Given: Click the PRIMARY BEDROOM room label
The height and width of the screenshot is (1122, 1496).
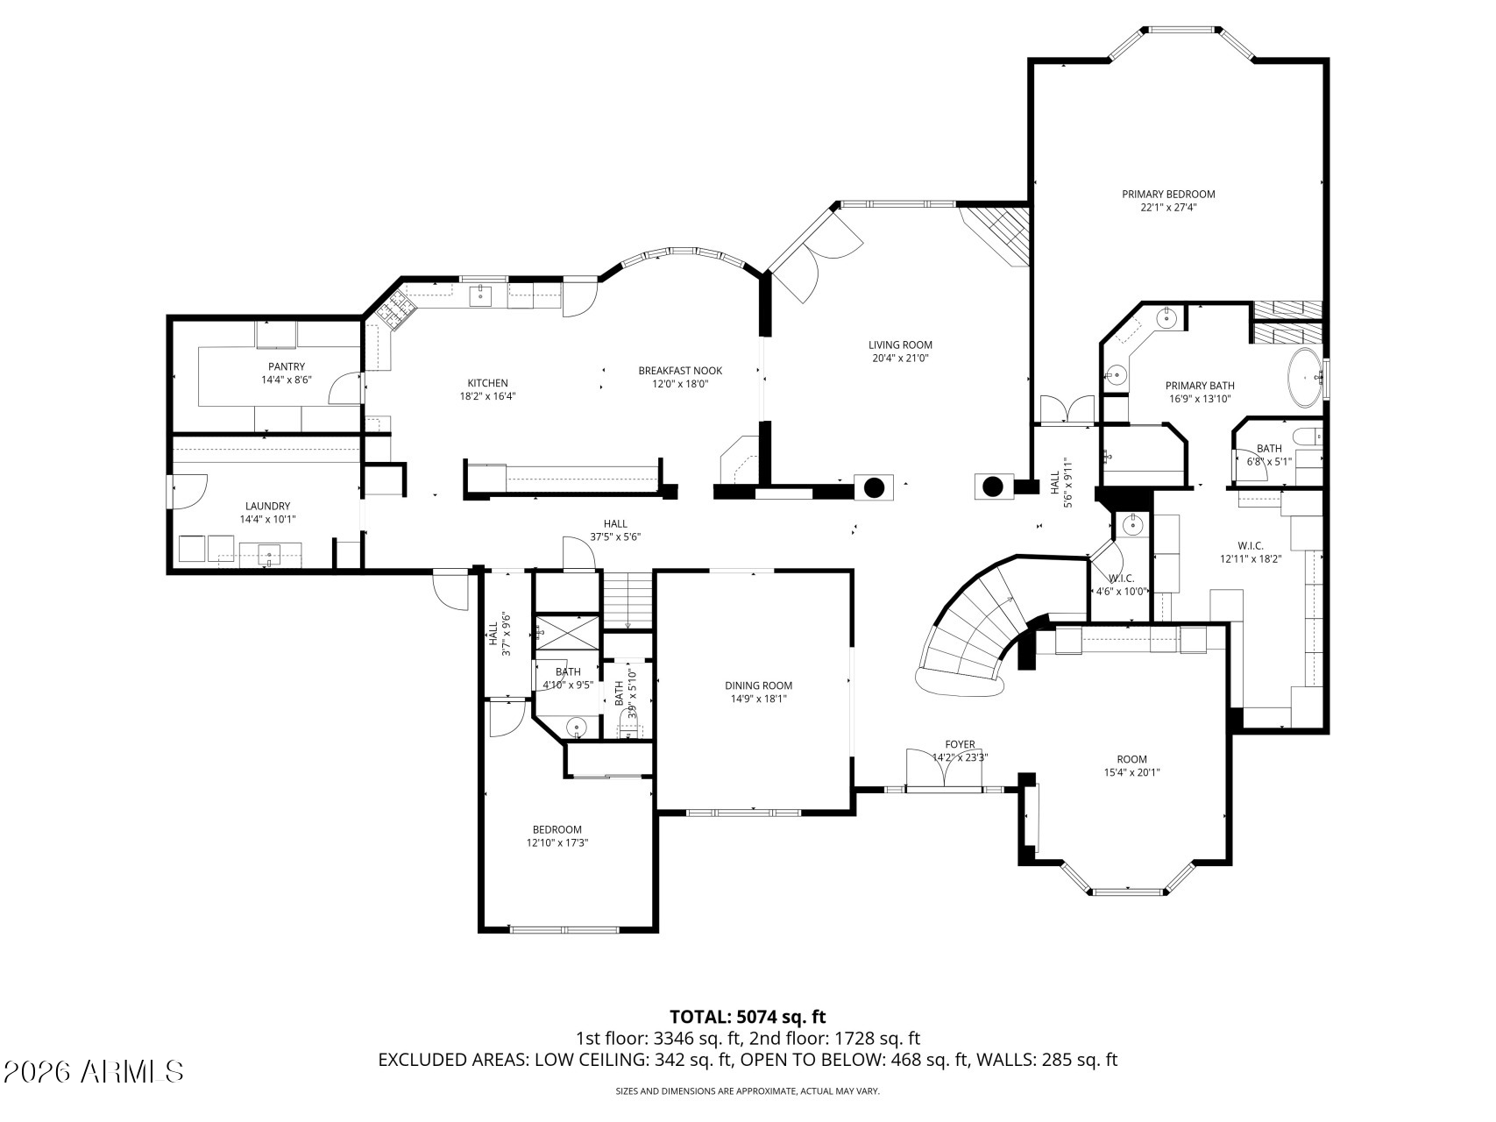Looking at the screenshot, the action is tap(1169, 195).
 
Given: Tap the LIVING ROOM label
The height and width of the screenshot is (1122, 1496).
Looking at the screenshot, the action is tap(900, 345).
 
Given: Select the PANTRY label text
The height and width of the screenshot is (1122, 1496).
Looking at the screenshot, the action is tap(287, 366).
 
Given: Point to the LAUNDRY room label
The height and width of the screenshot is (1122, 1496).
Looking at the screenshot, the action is tap(267, 506).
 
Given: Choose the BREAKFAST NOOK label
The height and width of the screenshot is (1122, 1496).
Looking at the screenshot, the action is tap(680, 371).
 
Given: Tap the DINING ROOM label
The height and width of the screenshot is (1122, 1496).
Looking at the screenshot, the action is tap(758, 685).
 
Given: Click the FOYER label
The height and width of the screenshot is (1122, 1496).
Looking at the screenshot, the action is tap(960, 744).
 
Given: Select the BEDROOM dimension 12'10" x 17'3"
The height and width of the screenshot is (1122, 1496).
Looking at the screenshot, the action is tap(557, 842).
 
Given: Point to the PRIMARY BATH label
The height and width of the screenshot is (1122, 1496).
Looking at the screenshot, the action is tap(1200, 386).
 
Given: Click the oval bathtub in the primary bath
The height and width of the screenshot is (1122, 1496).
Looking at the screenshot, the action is tap(1305, 378).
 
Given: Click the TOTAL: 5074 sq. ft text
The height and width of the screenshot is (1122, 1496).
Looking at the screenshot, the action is tap(748, 1017).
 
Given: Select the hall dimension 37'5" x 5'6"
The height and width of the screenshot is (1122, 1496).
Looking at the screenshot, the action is tap(615, 537).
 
